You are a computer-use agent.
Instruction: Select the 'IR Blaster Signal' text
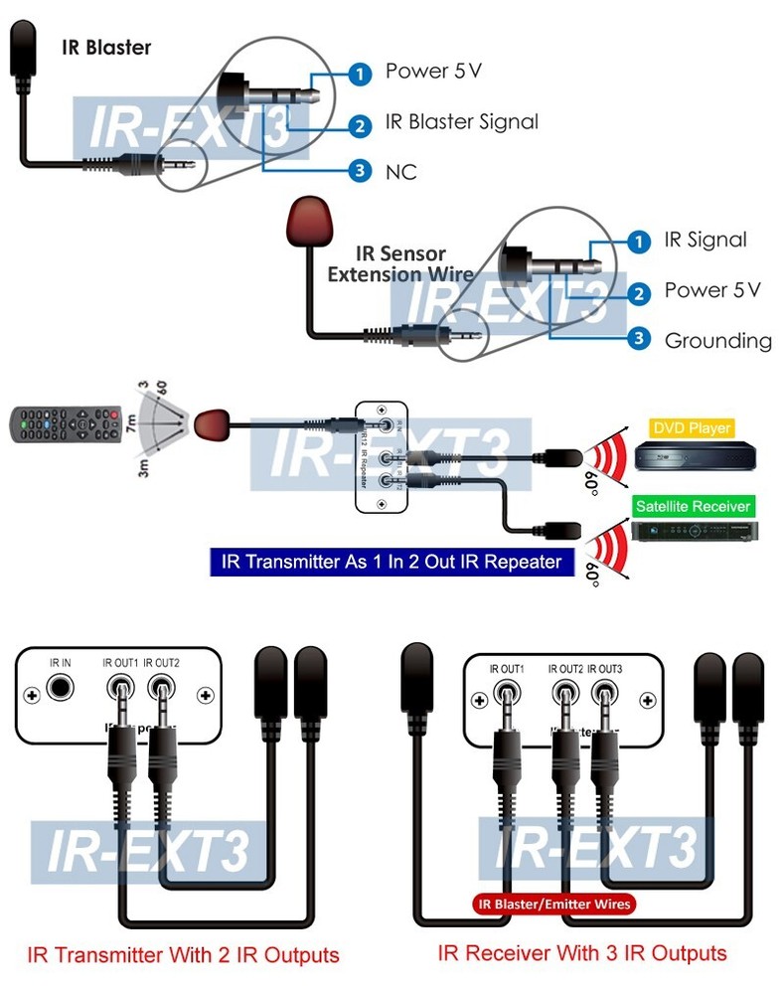pyautogui.click(x=461, y=122)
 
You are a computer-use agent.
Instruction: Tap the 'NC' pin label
pyautogui.click(x=400, y=172)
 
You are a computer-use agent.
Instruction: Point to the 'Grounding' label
pyautogui.click(x=717, y=341)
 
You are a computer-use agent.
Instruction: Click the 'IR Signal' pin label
pyautogui.click(x=705, y=240)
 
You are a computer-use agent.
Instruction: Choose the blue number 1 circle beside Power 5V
pyautogui.click(x=360, y=73)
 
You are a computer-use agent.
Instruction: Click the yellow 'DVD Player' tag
pyautogui.click(x=692, y=428)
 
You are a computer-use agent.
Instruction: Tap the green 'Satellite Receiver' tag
pyautogui.click(x=692, y=506)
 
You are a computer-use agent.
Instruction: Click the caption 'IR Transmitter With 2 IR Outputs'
pyautogui.click(x=183, y=956)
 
